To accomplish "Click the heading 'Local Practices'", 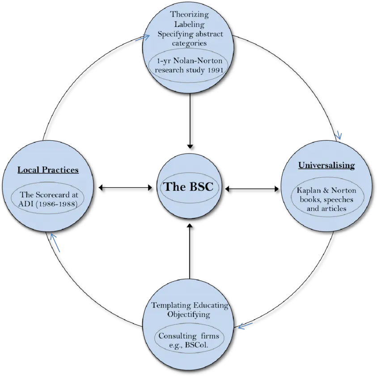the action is click(x=48, y=170).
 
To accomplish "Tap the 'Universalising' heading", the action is click(x=326, y=165).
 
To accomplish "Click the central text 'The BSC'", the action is click(x=188, y=187).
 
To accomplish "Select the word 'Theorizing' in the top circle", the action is click(x=190, y=14).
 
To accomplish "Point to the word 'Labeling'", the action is click(x=190, y=24).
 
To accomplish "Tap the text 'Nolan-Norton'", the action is click(x=198, y=60).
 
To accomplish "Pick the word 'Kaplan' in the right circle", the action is click(x=309, y=190).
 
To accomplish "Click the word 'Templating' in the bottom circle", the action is click(x=171, y=305).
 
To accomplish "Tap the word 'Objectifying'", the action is click(x=189, y=315).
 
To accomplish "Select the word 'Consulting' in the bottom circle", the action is click(x=178, y=336).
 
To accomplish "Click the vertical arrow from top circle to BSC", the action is click(x=190, y=121).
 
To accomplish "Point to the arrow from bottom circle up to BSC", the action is click(x=190, y=251).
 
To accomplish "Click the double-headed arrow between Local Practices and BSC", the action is click(x=126, y=188).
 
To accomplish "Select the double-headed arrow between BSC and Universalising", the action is click(x=252, y=189).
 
